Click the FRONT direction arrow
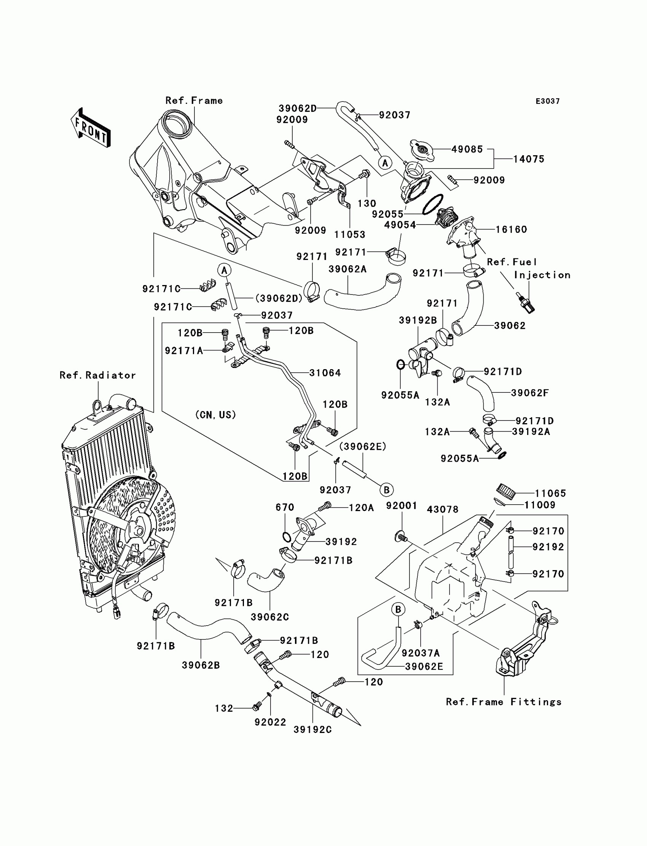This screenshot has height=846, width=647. [x=91, y=128]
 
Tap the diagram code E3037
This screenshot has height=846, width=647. [x=548, y=101]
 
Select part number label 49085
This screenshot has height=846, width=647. [x=467, y=150]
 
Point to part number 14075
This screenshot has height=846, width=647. [x=529, y=159]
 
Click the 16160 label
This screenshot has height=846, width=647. [x=511, y=229]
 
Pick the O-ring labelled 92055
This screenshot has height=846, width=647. [x=433, y=204]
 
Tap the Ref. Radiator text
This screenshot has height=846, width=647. [x=98, y=375]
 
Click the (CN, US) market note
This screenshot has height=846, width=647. [x=216, y=415]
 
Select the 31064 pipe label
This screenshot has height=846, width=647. [x=325, y=373]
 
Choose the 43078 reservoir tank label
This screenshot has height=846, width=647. [x=443, y=510]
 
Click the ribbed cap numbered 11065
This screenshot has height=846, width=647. [x=504, y=490]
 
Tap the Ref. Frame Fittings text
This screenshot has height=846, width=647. [x=504, y=702]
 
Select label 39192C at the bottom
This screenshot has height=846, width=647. [x=313, y=729]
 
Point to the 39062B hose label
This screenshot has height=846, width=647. [x=201, y=665]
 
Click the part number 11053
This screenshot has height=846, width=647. [x=350, y=234]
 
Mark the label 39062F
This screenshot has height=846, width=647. [x=530, y=393]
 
